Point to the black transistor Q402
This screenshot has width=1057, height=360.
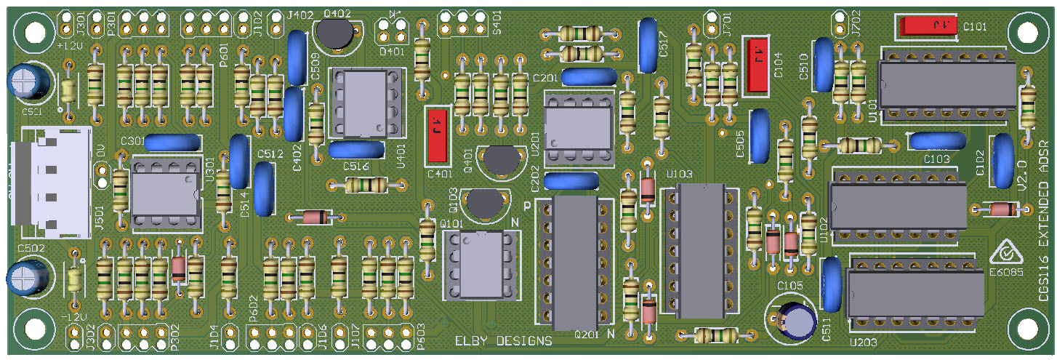coord(337,33)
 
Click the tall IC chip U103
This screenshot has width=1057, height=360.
coord(701,251)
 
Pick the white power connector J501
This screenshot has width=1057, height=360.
coord(55,182)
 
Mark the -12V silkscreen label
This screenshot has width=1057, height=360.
coord(73,318)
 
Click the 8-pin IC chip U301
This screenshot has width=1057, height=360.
coord(165,194)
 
